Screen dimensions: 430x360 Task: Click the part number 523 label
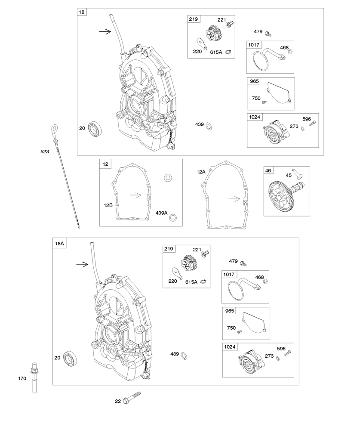[45, 152]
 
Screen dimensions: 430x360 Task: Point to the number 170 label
[22, 379]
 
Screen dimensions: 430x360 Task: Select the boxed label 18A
[59, 244]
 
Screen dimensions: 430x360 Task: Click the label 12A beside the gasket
[201, 172]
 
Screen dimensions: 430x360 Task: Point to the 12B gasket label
[108, 205]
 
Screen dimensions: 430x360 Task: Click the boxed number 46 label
[268, 171]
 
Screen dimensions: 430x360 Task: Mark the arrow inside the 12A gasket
[234, 198]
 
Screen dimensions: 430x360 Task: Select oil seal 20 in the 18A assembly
[69, 358]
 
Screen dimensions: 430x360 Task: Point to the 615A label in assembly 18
[216, 52]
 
